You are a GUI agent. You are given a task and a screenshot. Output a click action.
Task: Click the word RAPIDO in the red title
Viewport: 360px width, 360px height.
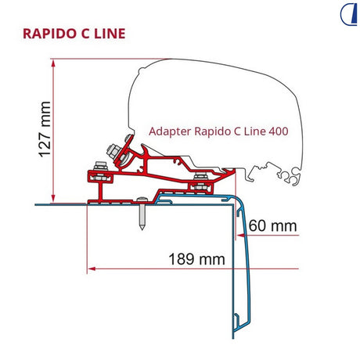[x=51, y=34]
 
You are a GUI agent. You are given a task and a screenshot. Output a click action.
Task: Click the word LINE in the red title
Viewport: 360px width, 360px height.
[x=110, y=34]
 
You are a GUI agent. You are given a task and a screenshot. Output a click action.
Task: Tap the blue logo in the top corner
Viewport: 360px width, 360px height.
[x=348, y=15]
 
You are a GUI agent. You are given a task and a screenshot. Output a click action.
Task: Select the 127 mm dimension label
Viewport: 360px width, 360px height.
[x=45, y=129]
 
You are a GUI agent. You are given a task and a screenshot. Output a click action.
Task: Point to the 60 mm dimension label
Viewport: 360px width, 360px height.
[x=272, y=225]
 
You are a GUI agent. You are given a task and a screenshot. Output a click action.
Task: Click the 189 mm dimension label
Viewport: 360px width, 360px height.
[x=196, y=259]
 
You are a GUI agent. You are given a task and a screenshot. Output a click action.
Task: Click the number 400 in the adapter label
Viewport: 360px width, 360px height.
[x=279, y=131]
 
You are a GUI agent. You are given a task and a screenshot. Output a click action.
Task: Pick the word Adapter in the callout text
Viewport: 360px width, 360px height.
[x=170, y=131]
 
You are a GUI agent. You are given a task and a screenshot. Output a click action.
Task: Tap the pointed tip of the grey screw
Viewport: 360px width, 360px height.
[x=142, y=229]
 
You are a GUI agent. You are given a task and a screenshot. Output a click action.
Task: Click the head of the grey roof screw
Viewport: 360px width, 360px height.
[x=142, y=200]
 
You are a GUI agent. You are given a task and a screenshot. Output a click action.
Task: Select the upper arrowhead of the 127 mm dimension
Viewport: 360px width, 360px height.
[x=53, y=63]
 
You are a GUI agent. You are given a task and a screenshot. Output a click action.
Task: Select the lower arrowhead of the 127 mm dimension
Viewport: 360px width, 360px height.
[x=53, y=199]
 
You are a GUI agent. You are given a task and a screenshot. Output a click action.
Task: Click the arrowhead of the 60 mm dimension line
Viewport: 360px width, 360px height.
[x=241, y=236]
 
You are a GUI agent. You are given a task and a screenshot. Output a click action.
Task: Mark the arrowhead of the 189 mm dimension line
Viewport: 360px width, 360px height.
[x=92, y=268]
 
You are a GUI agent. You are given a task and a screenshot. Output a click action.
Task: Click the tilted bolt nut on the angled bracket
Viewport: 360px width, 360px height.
[x=113, y=152]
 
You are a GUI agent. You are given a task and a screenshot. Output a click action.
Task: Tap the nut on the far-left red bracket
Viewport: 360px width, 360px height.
[x=100, y=166]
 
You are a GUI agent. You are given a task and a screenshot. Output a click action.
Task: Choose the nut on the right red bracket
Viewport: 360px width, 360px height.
[x=201, y=176]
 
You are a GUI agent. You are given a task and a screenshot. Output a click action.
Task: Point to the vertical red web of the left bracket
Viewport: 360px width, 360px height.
[x=100, y=191]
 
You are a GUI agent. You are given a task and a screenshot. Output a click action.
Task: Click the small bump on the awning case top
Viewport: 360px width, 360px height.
[x=141, y=70]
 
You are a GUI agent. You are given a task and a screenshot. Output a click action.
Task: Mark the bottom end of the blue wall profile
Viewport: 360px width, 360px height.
[x=233, y=338]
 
